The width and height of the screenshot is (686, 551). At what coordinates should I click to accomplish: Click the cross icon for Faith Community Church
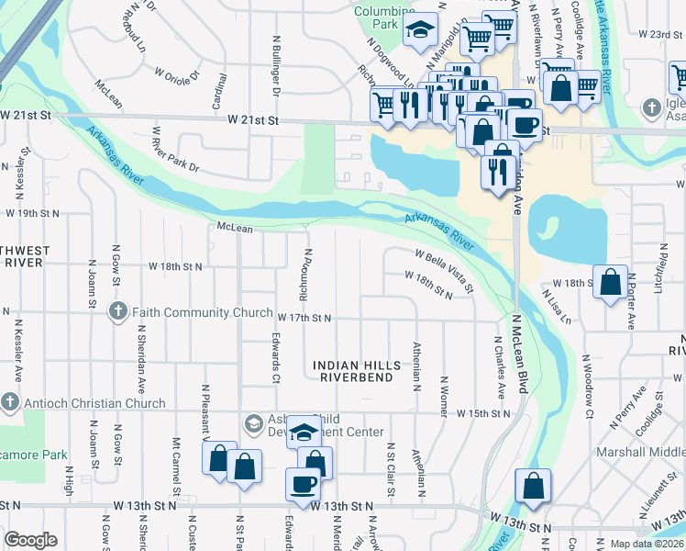click(x=117, y=311)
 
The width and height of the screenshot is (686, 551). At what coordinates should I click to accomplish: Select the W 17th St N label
click(x=304, y=318)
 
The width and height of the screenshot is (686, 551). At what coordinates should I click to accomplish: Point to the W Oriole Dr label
click(x=177, y=71)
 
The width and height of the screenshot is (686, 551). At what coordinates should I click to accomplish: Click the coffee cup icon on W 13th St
click(x=302, y=483)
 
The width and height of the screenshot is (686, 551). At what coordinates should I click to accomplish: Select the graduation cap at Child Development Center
click(x=303, y=433)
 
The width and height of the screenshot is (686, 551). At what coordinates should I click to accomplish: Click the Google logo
click(x=30, y=539)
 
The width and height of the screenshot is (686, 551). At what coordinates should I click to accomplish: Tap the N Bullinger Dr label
click(x=274, y=67)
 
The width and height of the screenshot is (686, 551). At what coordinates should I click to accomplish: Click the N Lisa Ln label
click(x=556, y=308)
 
